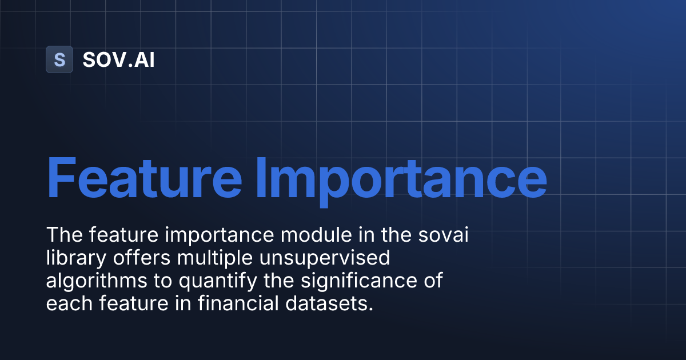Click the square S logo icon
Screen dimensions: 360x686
pyautogui.click(x=59, y=59)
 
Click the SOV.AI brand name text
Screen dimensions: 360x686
pyautogui.click(x=118, y=59)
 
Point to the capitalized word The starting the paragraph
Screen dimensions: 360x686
pyautogui.click(x=61, y=235)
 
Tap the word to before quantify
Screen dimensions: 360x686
pyautogui.click(x=157, y=281)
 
